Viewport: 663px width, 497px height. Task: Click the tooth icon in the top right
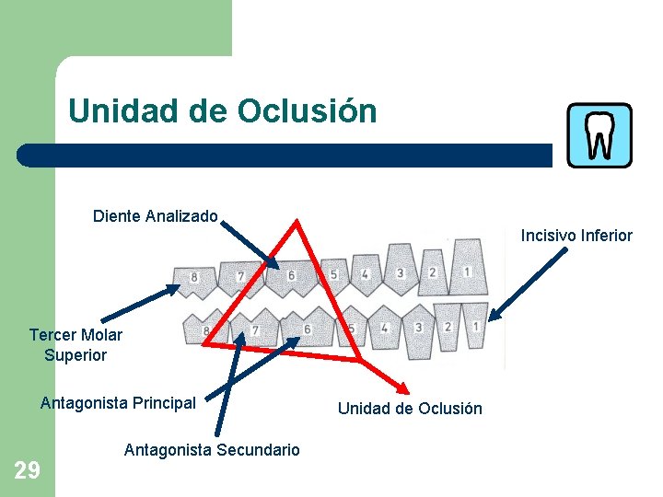[599, 135]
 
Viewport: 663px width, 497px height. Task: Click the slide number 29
[27, 471]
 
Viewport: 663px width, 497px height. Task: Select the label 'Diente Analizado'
[155, 216]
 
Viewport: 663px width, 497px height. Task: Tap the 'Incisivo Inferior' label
[576, 236]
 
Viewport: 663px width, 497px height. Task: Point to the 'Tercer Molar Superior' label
[76, 344]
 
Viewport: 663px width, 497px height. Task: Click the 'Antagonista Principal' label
[118, 402]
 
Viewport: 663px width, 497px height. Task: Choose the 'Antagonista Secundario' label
[212, 450]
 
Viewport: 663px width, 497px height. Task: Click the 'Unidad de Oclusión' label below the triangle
[410, 409]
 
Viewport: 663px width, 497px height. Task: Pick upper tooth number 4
[366, 273]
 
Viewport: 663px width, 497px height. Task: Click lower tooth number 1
[475, 328]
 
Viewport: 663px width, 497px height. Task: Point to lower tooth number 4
[384, 329]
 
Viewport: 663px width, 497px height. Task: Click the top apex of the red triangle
[297, 222]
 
